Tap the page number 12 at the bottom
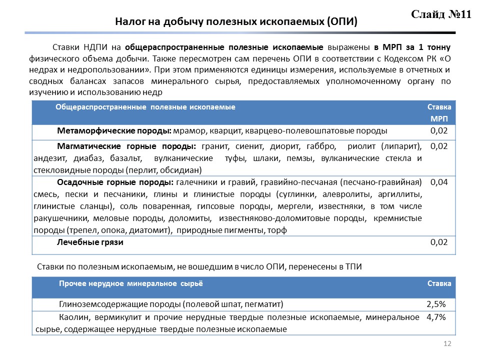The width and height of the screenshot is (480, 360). tap(447, 343)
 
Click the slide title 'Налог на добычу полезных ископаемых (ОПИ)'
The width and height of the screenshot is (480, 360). tap(236, 22)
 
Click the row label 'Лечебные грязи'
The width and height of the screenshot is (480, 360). tap(90, 242)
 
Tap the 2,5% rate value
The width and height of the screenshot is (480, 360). tap(436, 304)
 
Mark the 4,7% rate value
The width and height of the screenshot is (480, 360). tap(436, 317)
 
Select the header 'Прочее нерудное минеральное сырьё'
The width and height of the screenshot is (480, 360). tap(131, 283)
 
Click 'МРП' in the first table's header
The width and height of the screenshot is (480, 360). tap(439, 119)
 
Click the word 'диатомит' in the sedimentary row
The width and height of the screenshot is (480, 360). tap(151, 230)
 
